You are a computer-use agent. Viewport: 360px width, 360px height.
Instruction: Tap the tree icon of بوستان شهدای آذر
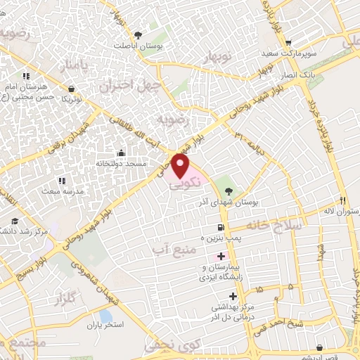coord(228,190)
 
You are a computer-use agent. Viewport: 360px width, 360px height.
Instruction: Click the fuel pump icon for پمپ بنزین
coord(221,228)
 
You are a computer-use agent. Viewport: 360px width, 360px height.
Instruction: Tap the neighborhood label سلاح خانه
coord(275,225)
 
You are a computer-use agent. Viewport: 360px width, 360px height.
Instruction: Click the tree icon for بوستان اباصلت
coord(139,34)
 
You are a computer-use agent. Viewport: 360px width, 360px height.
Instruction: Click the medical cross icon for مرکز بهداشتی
coord(233,296)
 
